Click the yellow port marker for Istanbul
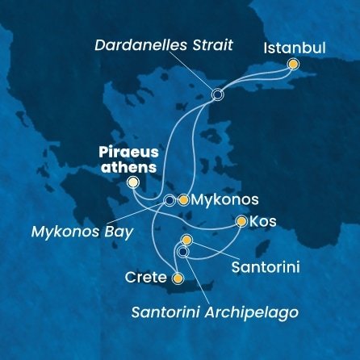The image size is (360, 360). [293, 64]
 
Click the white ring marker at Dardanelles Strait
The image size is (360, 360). [216, 95]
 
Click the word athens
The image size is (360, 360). [128, 166]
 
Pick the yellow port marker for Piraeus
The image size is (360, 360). [133, 184]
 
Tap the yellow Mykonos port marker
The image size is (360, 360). [184, 199]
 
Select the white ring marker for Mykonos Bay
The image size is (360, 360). [169, 199]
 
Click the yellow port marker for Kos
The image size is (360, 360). [241, 220]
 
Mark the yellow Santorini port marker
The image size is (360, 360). [186, 240]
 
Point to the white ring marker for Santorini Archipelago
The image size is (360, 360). [182, 252]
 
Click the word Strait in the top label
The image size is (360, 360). [210, 45]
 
